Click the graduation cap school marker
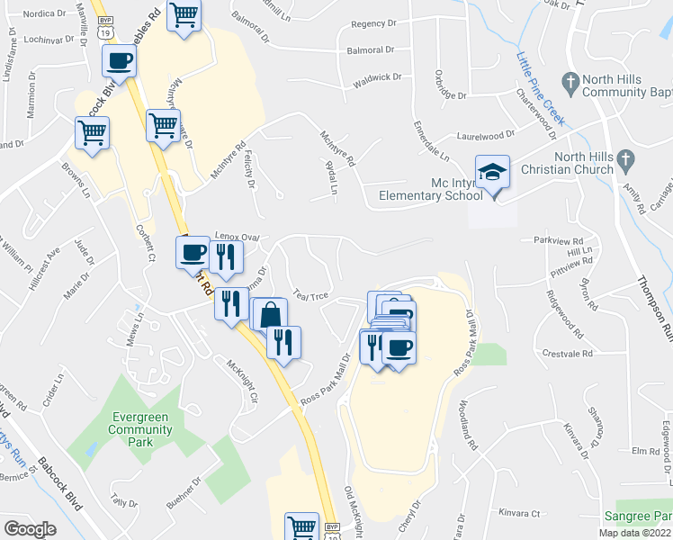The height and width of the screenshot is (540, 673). click(x=492, y=171)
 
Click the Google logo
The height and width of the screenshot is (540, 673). click(x=30, y=529)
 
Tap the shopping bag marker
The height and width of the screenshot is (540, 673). click(x=269, y=316)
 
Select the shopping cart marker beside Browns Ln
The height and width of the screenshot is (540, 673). click(x=92, y=133)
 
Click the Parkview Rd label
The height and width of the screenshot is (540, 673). click(x=559, y=241)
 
